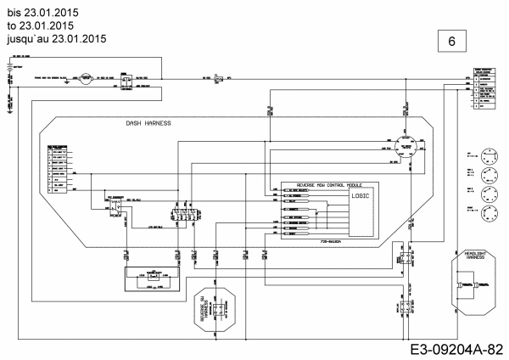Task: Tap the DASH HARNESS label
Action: click(148, 123)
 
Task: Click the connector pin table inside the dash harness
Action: click(58, 171)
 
